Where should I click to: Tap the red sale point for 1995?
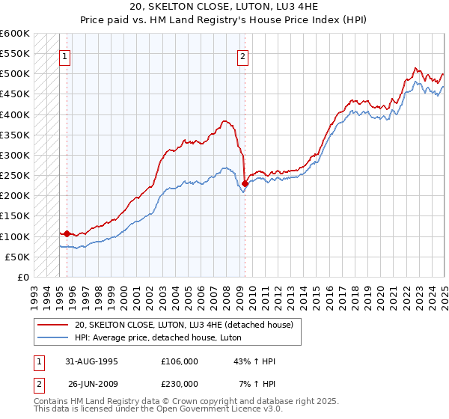[67, 233]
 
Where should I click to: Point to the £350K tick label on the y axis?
[14, 135]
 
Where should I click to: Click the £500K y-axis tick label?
[14, 74]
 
